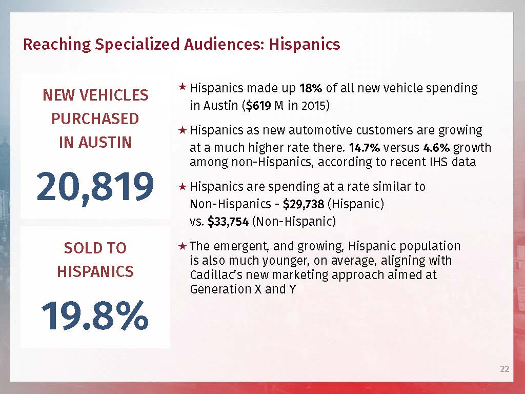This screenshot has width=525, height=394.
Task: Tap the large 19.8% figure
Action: point(95,316)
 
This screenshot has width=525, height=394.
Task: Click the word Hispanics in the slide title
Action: point(305,44)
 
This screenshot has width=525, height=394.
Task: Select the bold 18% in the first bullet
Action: point(311,88)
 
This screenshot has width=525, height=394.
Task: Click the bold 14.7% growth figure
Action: point(364,148)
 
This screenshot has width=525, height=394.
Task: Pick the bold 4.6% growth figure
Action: point(436,148)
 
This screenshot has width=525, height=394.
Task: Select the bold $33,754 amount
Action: point(228,222)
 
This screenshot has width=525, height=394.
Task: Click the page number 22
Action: point(504,369)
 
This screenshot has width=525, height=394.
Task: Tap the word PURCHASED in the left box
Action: point(95,119)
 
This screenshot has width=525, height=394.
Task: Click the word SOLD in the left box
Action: point(80,248)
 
